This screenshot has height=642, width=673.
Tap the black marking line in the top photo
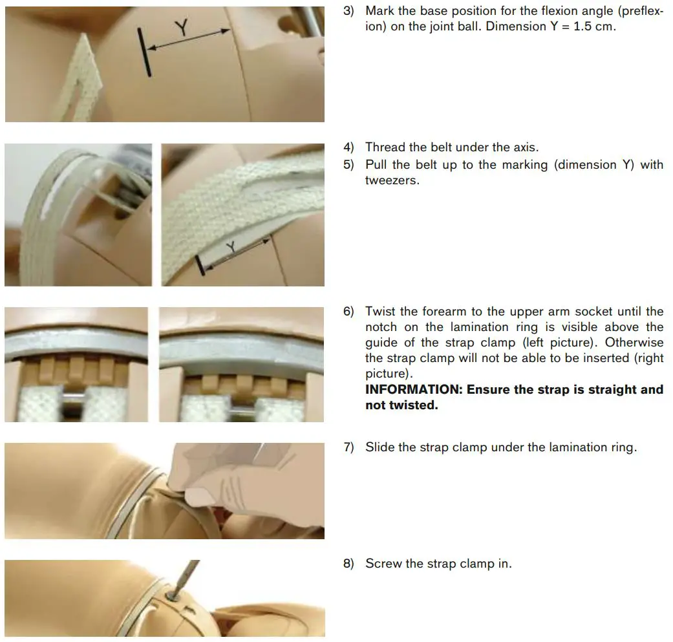coord(145,52)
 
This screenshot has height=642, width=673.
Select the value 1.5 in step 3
coord(587,27)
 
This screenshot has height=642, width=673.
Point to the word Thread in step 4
coord(385,147)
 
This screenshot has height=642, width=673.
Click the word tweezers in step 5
coord(391,180)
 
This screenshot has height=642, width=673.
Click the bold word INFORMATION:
coord(414,389)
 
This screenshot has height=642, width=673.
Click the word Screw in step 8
coord(383,563)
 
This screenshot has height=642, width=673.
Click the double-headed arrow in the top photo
coord(189,39)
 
